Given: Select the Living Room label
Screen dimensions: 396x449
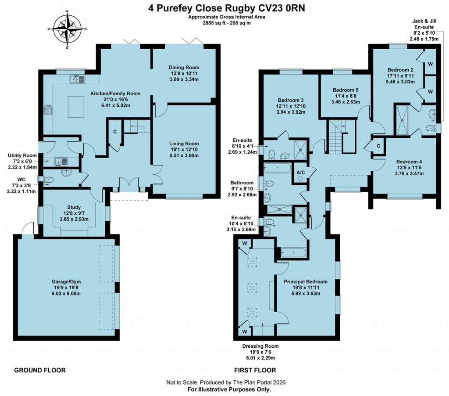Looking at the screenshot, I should pyautogui.click(x=184, y=144).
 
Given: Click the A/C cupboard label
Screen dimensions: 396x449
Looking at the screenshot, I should pyautogui.click(x=301, y=172).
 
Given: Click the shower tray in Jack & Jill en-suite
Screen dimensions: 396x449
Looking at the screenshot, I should pyautogui.click(x=403, y=119).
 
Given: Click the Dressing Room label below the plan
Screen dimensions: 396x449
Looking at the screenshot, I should pyautogui.click(x=260, y=346).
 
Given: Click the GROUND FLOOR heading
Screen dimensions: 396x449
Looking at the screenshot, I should pyautogui.click(x=40, y=371).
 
